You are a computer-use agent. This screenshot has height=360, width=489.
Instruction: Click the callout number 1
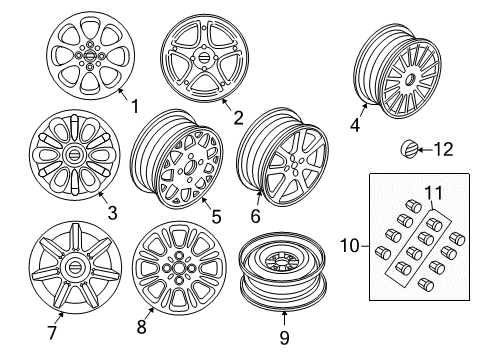135,107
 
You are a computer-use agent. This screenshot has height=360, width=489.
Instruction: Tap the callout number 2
238,118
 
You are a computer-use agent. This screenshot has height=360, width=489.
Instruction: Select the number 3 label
113,213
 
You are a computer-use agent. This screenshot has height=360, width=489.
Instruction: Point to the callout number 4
355,125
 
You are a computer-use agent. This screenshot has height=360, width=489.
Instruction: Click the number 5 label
217,217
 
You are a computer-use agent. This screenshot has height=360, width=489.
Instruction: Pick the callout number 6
255,216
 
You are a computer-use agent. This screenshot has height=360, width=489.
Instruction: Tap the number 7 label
52,332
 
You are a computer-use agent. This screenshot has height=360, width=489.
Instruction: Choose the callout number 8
142,327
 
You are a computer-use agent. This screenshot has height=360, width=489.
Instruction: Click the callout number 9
284,337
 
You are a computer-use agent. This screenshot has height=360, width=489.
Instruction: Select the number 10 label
350,246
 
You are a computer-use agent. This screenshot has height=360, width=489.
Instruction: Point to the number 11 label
434,193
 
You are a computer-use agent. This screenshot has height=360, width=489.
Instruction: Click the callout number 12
443,149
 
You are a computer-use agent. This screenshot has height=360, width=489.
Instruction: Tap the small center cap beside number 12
409,149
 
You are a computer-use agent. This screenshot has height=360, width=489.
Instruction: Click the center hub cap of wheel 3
73,155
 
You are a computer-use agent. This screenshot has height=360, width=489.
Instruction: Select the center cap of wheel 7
73,268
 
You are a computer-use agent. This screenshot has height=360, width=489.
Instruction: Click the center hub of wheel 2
204,58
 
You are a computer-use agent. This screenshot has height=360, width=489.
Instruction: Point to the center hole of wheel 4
410,80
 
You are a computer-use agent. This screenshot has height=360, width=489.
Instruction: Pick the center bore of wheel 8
177,268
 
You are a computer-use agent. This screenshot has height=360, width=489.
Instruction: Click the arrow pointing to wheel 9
284,318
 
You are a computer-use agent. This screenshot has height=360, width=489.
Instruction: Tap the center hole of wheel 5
189,166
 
